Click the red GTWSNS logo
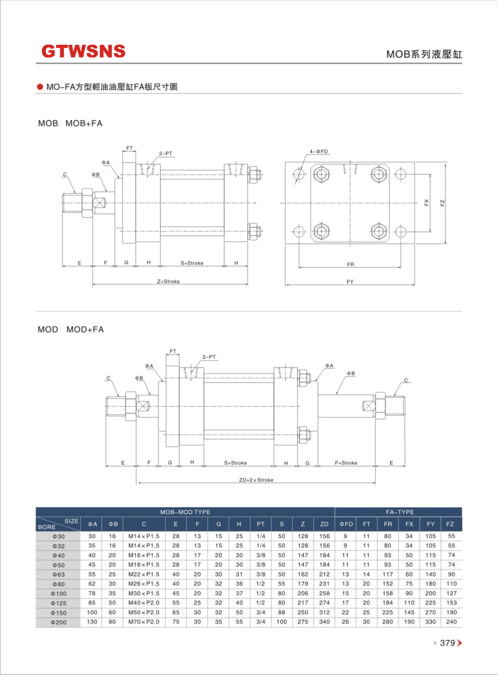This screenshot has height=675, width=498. point(83,51)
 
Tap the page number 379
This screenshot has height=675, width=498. point(447,643)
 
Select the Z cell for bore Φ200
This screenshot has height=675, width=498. point(303,622)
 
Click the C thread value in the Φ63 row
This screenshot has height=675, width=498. point(144,574)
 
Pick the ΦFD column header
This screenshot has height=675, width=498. point(346,524)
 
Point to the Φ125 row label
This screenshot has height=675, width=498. point(58,603)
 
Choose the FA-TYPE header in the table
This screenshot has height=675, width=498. point(400,512)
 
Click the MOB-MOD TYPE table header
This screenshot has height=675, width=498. point(185,512)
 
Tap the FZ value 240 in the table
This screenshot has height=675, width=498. point(451,622)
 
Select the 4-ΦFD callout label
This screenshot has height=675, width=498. point(319,152)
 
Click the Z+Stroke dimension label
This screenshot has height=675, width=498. point(168,281)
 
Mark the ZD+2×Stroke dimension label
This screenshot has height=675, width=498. point(256,480)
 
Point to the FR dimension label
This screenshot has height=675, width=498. point(350,265)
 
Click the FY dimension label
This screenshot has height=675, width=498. point(350,282)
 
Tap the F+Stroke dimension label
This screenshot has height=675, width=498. point(346,463)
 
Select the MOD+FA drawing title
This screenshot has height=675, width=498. point(85,330)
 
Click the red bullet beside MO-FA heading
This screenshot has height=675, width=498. point(40,87)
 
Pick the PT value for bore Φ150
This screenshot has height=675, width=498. point(261,612)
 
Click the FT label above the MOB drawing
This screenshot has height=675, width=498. point(129,148)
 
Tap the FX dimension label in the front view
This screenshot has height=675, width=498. point(426,202)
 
